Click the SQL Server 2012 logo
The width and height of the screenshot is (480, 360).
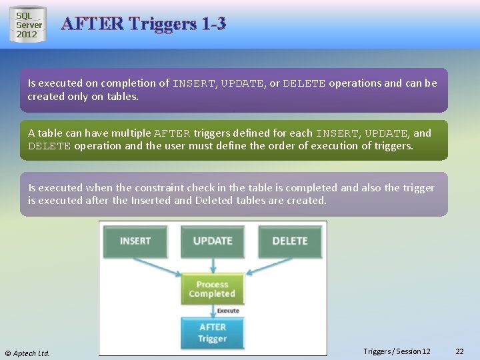click(28, 25)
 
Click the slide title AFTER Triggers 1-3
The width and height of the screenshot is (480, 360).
click(143, 24)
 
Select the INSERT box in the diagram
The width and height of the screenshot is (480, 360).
click(135, 241)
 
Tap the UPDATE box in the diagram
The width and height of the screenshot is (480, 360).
click(212, 241)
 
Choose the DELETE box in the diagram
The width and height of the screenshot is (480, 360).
click(289, 241)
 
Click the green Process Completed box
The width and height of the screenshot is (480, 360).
click(212, 289)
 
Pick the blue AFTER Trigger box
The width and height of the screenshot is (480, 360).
click(212, 333)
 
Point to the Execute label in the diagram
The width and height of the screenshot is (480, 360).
click(228, 311)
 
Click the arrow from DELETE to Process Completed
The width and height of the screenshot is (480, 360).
click(267, 267)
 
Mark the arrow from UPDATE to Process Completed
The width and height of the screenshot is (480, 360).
click(212, 266)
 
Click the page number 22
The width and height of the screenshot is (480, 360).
click(459, 351)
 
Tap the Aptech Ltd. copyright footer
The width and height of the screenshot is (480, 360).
click(27, 353)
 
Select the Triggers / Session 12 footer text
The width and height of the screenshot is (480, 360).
click(397, 351)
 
